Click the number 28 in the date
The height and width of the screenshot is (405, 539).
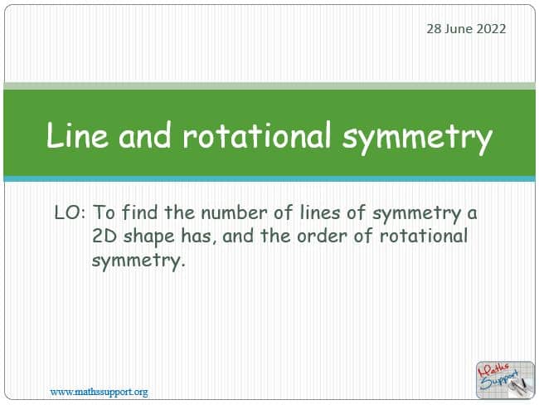coord(434,29)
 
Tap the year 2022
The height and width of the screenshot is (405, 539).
coord(491,29)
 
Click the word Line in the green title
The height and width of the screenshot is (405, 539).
coord(77,135)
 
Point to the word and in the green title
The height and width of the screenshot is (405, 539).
coord(144,135)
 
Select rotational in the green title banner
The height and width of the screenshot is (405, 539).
coord(257,135)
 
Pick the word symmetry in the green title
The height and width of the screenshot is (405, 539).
coord(417,138)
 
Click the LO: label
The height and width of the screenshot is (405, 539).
coord(70,212)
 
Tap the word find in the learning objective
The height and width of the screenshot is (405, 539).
coord(139,212)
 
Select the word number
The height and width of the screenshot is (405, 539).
coord(234,212)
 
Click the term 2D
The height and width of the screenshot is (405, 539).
coord(104,236)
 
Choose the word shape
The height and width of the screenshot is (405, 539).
coord(149,237)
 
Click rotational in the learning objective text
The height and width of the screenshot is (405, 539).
coord(424,236)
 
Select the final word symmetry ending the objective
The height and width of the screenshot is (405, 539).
coord(138,261)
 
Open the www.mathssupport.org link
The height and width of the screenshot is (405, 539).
coord(99,392)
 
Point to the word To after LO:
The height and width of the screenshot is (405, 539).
coord(104,212)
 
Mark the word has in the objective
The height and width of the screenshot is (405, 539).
coord(199,236)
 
